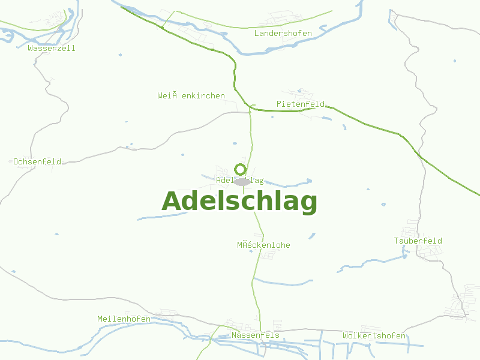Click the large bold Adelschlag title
pyautogui.click(x=239, y=202)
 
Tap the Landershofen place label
pyautogui.click(x=283, y=34)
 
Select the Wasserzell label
pyautogui.click(x=52, y=49)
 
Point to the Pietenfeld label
pyautogui.click(x=300, y=104)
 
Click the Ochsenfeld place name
pyautogui.click(x=37, y=162)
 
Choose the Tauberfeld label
pyautogui.click(x=418, y=241)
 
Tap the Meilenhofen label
pyautogui.click(x=124, y=319)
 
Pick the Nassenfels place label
pyautogui.click(x=256, y=335)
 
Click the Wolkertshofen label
pyautogui.click(x=374, y=336)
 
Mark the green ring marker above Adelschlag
pyautogui.click(x=240, y=169)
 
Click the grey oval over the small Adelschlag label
pyautogui.click(x=242, y=181)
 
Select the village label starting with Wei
pyautogui.click(x=191, y=96)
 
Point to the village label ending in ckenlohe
pyautogui.click(x=263, y=245)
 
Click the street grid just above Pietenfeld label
pyautogui.click(x=303, y=94)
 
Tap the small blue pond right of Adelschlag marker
pyautogui.click(x=309, y=181)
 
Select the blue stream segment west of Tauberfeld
pyautogui.click(x=372, y=262)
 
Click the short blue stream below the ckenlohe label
pyautogui.click(x=282, y=281)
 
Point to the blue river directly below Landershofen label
pyautogui.click(x=282, y=50)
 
